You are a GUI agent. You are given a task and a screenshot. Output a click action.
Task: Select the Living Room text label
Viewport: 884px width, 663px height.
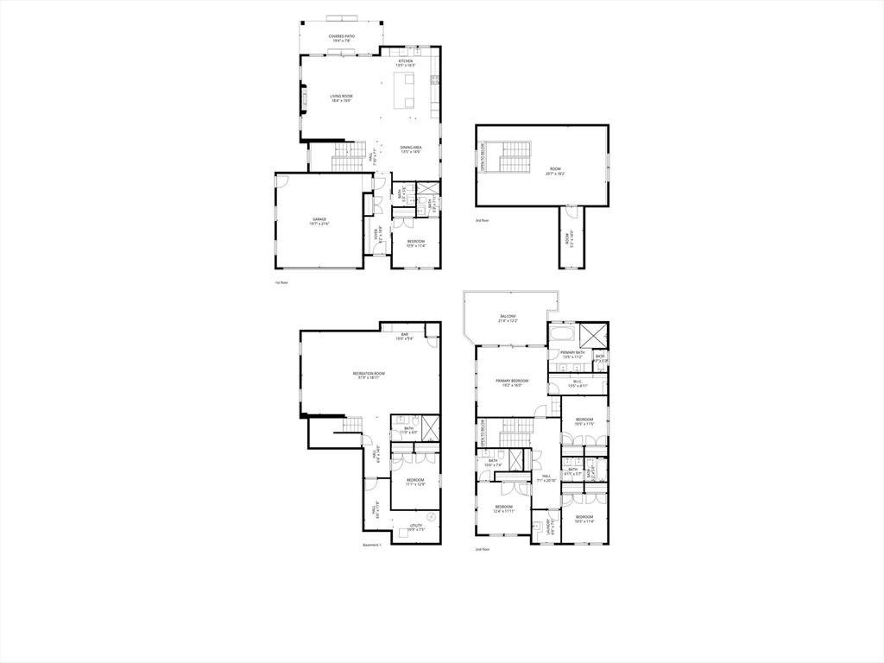point(341,98)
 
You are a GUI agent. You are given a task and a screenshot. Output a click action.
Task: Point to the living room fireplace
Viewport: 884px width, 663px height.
point(303,98)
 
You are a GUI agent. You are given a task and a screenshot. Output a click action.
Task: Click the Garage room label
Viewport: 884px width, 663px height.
point(319,221)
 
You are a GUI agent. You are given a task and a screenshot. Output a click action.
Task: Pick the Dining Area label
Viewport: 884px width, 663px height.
point(410,149)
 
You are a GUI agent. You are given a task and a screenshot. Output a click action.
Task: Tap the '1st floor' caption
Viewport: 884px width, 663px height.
point(280,282)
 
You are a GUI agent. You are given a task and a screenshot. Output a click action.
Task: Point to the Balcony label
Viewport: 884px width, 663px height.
point(508,319)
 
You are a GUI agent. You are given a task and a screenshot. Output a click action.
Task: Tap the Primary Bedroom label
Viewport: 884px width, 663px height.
point(512,382)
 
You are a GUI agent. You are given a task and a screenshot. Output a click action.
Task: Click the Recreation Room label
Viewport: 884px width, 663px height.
point(369,375)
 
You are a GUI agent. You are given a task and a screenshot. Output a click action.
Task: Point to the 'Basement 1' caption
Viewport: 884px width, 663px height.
point(372,544)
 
